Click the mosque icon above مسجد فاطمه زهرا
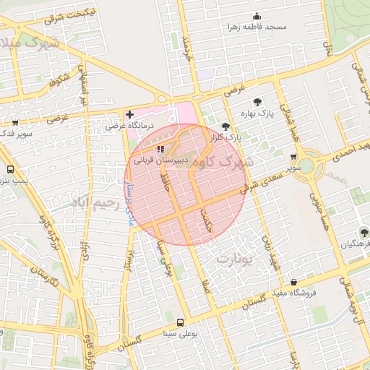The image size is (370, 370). [x=255, y=16]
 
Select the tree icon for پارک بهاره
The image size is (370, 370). [x=259, y=101]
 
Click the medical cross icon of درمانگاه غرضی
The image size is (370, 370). [x=129, y=114]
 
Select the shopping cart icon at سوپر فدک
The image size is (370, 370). [x=15, y=123]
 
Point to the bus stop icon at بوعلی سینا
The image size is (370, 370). [x=180, y=322]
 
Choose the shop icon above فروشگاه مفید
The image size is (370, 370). [x=294, y=282]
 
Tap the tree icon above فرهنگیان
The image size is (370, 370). [x=363, y=233]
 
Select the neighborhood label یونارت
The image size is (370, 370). [x=237, y=258]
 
